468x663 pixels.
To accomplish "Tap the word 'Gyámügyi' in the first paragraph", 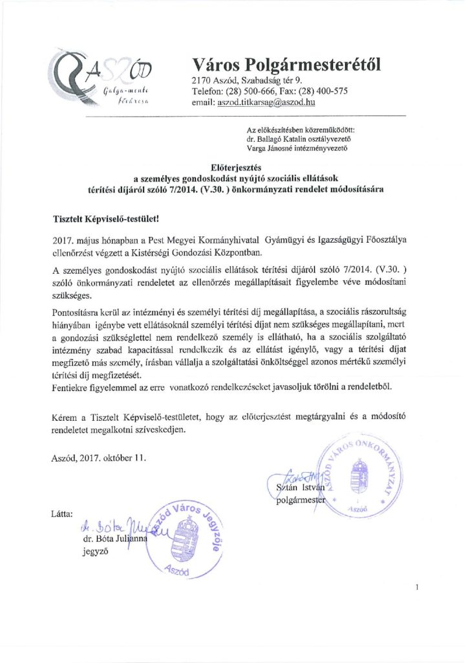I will click(294, 240).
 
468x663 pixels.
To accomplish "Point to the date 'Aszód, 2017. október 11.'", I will click(98, 459).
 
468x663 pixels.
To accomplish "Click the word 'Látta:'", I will click(61, 513).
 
